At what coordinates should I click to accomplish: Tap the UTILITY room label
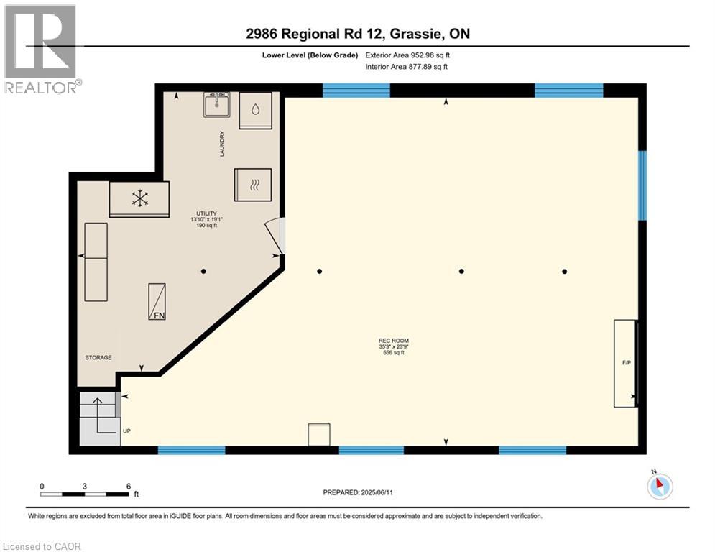tap(207, 213)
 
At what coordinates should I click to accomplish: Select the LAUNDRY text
tap(223, 144)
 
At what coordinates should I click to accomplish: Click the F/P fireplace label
tap(626, 363)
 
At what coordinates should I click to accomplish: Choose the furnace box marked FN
tap(157, 301)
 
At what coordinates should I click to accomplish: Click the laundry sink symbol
tap(216, 104)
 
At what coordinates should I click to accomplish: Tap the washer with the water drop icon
tap(256, 111)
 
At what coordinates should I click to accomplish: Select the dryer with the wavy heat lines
tap(253, 185)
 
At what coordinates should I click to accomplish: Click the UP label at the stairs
tap(126, 431)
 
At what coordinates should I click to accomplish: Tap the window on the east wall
tap(642, 185)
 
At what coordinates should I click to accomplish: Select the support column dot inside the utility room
tap(203, 271)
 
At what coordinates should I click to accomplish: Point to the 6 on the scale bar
tap(128, 486)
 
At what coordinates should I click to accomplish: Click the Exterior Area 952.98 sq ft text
tap(407, 55)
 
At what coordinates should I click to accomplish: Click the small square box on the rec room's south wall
tap(318, 435)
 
